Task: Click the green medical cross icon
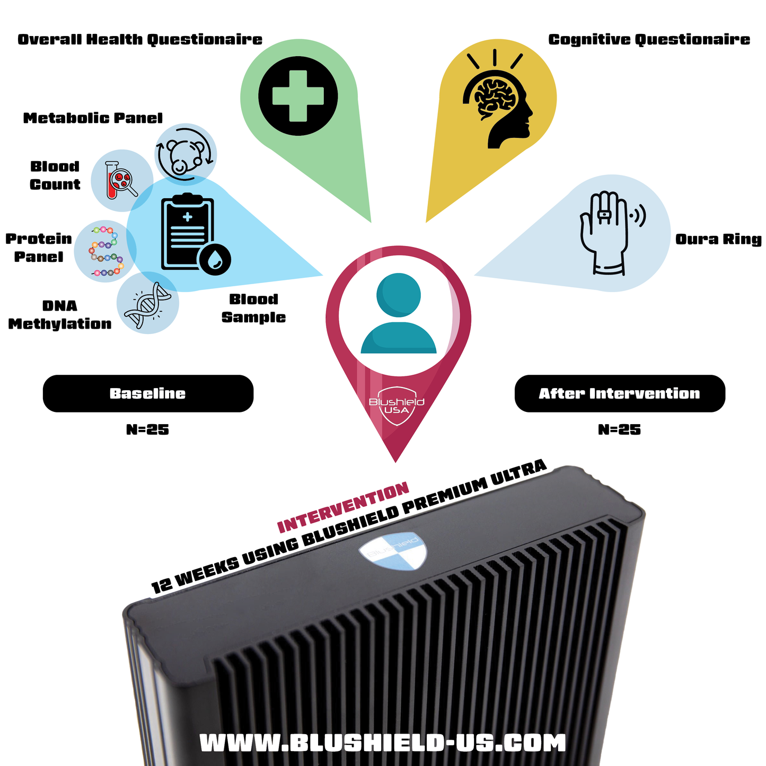pyautogui.click(x=298, y=96)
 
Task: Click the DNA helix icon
pyautogui.click(x=148, y=304)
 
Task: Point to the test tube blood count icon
pyautogui.click(x=121, y=180)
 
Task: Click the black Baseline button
pyautogui.click(x=148, y=393)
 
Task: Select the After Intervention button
pyautogui.click(x=620, y=393)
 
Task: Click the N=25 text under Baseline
pyautogui.click(x=148, y=429)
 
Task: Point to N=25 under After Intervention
pyautogui.click(x=620, y=429)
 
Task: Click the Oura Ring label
pyautogui.click(x=718, y=239)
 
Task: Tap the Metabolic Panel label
pyautogui.click(x=93, y=118)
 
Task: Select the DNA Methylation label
pyautogui.click(x=60, y=315)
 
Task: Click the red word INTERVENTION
pyautogui.click(x=344, y=508)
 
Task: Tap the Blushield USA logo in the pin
pyautogui.click(x=397, y=407)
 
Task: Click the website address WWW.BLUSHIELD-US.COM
pyautogui.click(x=383, y=743)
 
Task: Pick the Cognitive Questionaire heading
pyautogui.click(x=649, y=40)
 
